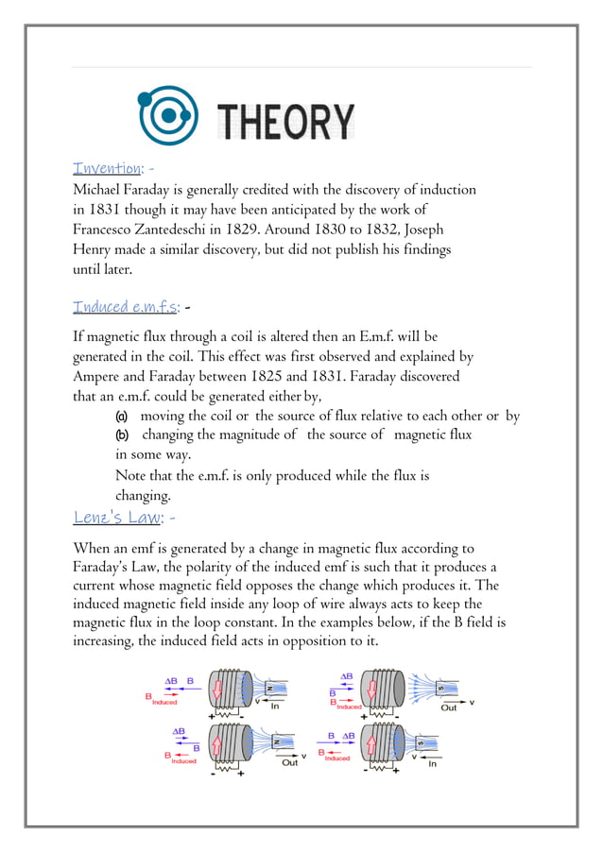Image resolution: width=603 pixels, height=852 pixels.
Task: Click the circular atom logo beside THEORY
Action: pyautogui.click(x=168, y=116)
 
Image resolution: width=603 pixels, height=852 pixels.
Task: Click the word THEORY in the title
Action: pyautogui.click(x=286, y=121)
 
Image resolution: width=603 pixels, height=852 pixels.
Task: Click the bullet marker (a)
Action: pyautogui.click(x=121, y=417)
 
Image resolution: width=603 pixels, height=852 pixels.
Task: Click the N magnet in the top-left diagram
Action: pyautogui.click(x=277, y=690)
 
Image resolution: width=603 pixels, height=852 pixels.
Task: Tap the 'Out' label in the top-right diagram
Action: pyautogui.click(x=448, y=707)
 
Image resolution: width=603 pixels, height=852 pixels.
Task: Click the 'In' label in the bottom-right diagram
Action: pyautogui.click(x=432, y=763)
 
